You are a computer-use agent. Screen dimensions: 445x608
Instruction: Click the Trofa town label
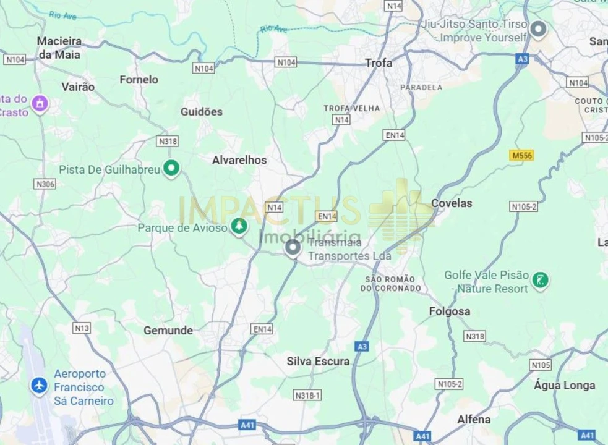[379, 63]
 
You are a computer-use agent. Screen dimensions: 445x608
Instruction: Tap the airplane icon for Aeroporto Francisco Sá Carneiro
[39, 386]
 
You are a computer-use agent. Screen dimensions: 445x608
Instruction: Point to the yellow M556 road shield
[521, 155]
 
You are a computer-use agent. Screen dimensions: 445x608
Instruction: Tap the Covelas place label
[451, 203]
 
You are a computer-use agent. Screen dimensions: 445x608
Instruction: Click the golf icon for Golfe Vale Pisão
[541, 281]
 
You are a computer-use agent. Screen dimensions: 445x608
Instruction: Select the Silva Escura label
[318, 362]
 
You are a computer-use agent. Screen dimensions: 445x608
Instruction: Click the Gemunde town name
[168, 331]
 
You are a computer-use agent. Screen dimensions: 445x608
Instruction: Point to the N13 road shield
[82, 328]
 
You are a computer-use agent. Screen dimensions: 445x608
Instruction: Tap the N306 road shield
[45, 184]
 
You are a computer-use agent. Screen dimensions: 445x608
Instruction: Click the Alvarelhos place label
[239, 160]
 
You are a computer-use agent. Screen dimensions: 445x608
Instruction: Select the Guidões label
[201, 112]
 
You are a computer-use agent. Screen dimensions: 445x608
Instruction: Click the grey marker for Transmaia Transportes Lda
[293, 248]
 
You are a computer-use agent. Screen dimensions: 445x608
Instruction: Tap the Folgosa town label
[450, 312]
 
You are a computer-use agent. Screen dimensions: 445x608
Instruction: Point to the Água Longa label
[564, 386]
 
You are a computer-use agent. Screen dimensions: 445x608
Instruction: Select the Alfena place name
[474, 420]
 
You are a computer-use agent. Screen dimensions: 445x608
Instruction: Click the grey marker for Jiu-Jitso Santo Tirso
[539, 28]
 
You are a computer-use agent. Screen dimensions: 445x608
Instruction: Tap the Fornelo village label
[139, 80]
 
